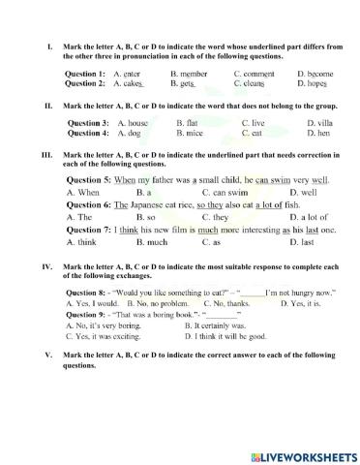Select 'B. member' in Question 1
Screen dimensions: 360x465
coord(188,74)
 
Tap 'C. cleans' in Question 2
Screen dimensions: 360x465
coord(251,83)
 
